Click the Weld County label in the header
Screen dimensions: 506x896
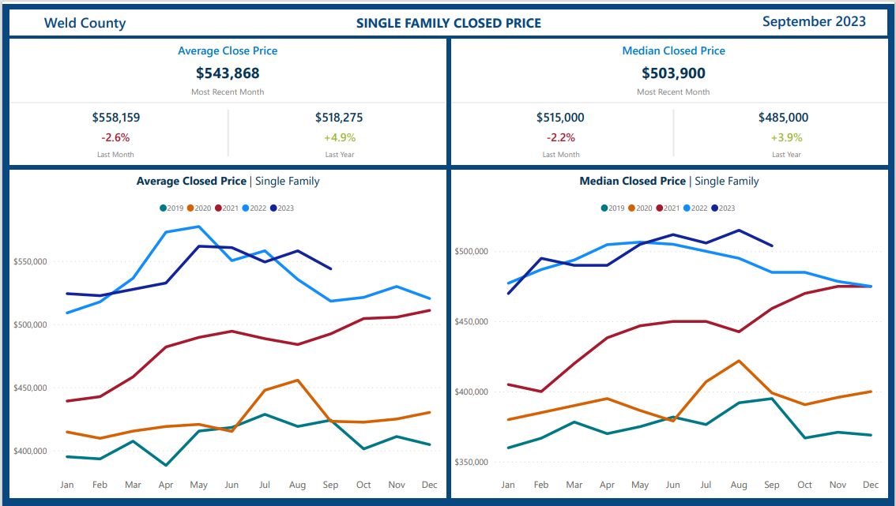85,23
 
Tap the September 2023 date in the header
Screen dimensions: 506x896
814,21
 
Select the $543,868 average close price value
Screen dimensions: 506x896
228,73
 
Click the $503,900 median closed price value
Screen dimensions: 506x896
673,73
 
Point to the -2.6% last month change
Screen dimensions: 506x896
116,137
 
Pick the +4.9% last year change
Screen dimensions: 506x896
339,137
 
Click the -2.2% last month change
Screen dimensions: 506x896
561,137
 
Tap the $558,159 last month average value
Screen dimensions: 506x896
116,118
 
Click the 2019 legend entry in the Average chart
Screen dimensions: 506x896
171,208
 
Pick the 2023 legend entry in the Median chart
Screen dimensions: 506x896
723,208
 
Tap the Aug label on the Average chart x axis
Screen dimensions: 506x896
297,484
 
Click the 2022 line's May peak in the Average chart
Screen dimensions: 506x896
198,227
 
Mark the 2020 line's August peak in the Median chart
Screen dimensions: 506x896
738,361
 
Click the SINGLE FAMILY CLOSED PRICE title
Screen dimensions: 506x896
449,23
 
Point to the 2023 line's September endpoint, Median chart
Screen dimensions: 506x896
772,246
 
